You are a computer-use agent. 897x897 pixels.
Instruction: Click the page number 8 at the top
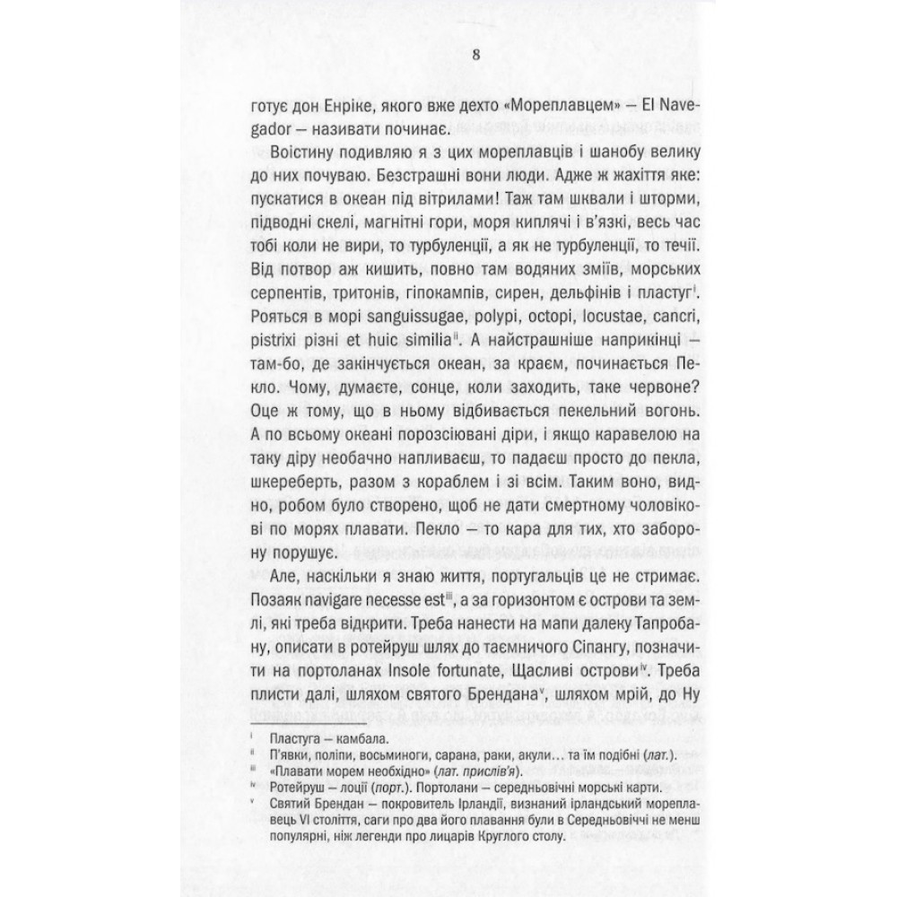point(448,54)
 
